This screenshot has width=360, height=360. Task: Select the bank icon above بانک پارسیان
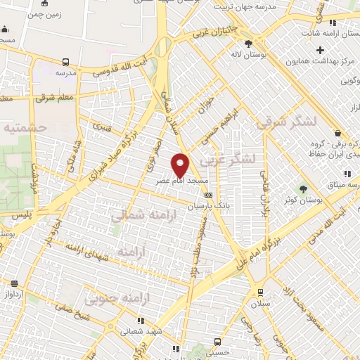[208, 195]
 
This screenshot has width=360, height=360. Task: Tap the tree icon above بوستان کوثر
[304, 188]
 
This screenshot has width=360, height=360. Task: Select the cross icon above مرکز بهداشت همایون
[320, 50]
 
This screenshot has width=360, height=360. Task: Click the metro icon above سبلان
[260, 292]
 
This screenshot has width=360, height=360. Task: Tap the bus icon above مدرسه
[65, 62]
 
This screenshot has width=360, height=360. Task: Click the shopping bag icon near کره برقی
[337, 133]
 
